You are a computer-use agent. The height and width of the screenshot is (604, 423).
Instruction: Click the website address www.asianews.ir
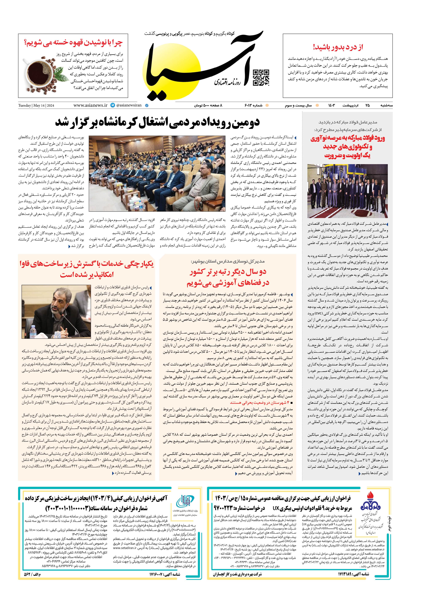pos(91,105)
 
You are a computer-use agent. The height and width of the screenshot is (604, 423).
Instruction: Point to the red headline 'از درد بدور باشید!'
pos(338,47)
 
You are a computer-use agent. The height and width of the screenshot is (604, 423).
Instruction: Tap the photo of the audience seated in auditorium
pos(157,174)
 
